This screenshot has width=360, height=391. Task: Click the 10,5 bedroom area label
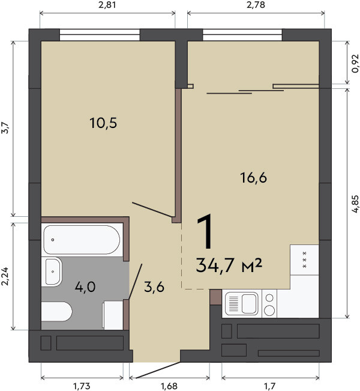pos(103,123)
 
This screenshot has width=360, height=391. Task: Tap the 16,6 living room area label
pos(253,178)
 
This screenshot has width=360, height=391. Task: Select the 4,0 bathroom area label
pos(85,287)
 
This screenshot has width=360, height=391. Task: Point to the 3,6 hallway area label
pos(154,287)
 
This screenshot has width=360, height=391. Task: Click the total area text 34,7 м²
pos(229,265)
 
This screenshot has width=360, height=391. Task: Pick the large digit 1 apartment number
pos(206,232)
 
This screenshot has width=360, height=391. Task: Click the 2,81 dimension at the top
pos(107,5)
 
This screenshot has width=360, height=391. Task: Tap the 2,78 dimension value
pos(256,5)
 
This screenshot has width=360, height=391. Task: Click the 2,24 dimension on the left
pos(5,276)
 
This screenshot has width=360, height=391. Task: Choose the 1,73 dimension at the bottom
pos(82,386)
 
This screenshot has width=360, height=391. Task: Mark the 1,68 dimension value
pos(169,386)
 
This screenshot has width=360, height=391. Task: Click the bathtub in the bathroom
pos(82,240)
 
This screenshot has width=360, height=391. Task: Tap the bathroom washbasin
pos(52,271)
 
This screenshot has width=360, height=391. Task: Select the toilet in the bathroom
pos(57,312)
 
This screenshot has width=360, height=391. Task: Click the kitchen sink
pos(241,303)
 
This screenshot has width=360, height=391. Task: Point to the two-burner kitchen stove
pos(269,303)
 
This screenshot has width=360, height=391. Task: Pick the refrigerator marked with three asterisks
pos(304,260)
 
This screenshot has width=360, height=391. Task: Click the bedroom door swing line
pos(152,210)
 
